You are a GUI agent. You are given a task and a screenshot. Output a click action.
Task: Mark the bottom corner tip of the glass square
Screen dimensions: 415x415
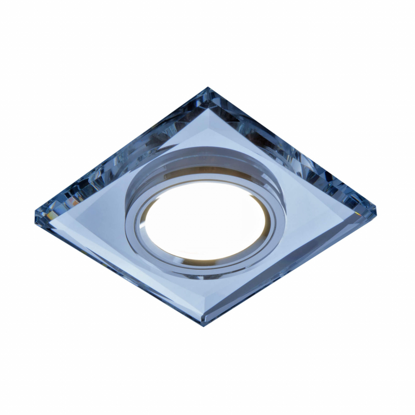[204, 325]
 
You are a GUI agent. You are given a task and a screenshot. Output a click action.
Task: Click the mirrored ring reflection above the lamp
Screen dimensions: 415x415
[208, 161]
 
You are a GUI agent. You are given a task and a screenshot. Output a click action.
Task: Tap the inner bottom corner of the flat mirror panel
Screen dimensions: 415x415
[204, 306]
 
